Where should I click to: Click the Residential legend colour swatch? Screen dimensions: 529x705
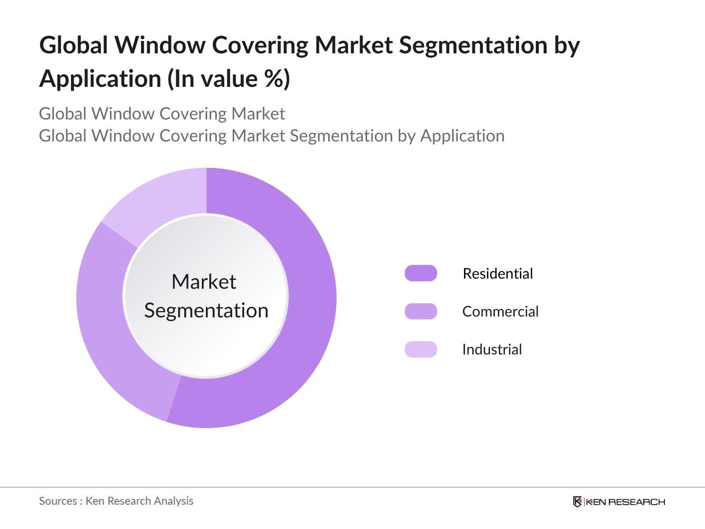[421, 273]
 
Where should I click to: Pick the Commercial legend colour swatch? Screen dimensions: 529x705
[421, 311]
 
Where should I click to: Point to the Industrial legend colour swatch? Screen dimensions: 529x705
[421, 349]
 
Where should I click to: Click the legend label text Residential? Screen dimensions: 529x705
[497, 273]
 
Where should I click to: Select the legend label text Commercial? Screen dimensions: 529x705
[500, 311]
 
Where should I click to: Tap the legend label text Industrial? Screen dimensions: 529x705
[492, 349]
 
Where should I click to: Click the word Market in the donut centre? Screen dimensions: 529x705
[204, 282]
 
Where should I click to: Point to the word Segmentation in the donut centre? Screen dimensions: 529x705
[206, 310]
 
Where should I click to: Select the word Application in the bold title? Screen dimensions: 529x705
[100, 79]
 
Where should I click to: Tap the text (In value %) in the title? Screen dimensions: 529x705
[228, 79]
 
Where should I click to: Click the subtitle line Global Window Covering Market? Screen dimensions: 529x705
[162, 114]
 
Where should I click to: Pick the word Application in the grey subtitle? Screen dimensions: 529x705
[462, 136]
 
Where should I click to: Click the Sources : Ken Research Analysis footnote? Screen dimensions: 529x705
[116, 501]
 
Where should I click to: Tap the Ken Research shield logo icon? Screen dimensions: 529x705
[577, 502]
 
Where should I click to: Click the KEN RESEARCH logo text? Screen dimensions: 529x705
[625, 502]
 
